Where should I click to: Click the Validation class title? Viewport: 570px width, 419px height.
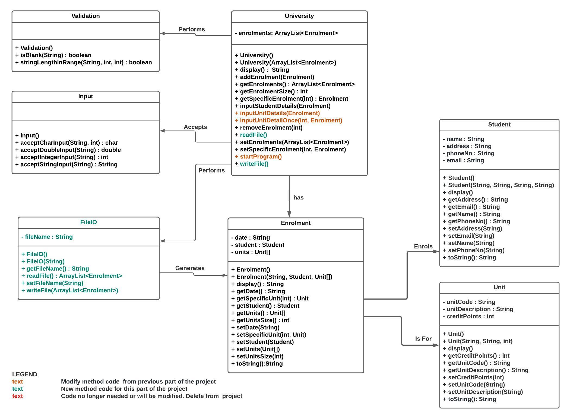click(85, 16)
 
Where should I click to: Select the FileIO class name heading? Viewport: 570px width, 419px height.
click(88, 222)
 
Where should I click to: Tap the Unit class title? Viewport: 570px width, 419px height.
click(499, 287)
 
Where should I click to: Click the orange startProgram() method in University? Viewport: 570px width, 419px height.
click(258, 157)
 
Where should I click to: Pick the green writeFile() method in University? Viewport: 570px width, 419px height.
click(252, 164)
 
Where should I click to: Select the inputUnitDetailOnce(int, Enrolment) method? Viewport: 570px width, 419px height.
click(289, 120)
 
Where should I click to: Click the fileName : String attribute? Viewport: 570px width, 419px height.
click(47, 237)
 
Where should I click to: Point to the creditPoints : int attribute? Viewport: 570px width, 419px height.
click(468, 316)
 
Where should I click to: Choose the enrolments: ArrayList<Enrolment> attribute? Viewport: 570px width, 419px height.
click(286, 33)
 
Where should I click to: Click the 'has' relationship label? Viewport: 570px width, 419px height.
click(298, 198)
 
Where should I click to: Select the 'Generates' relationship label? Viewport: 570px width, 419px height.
click(190, 268)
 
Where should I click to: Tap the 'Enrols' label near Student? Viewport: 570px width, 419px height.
click(423, 246)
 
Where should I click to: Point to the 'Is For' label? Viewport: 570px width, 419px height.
click(423, 339)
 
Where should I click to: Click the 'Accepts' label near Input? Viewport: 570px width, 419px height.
click(195, 127)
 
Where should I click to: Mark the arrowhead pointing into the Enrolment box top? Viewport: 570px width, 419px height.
click(289, 214)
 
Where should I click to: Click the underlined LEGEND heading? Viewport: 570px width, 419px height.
click(25, 374)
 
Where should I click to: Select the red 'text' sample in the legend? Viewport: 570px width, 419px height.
click(17, 396)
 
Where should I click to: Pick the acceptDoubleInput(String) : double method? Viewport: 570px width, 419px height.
click(68, 150)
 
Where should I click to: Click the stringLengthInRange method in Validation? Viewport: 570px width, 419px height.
click(84, 62)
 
